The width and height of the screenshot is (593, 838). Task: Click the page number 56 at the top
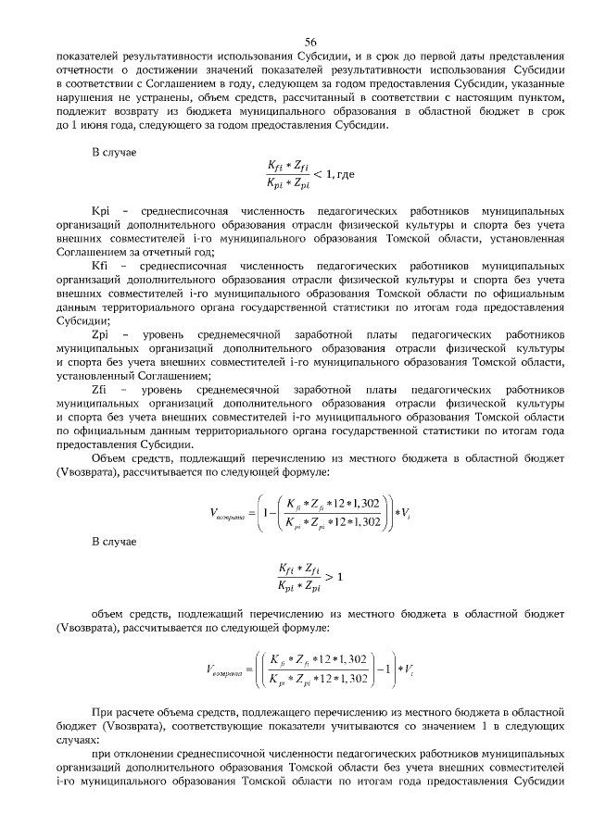tap(310, 41)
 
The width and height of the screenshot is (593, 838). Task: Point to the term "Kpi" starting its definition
tap(100, 210)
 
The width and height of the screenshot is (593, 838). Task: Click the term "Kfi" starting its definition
tap(100, 266)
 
